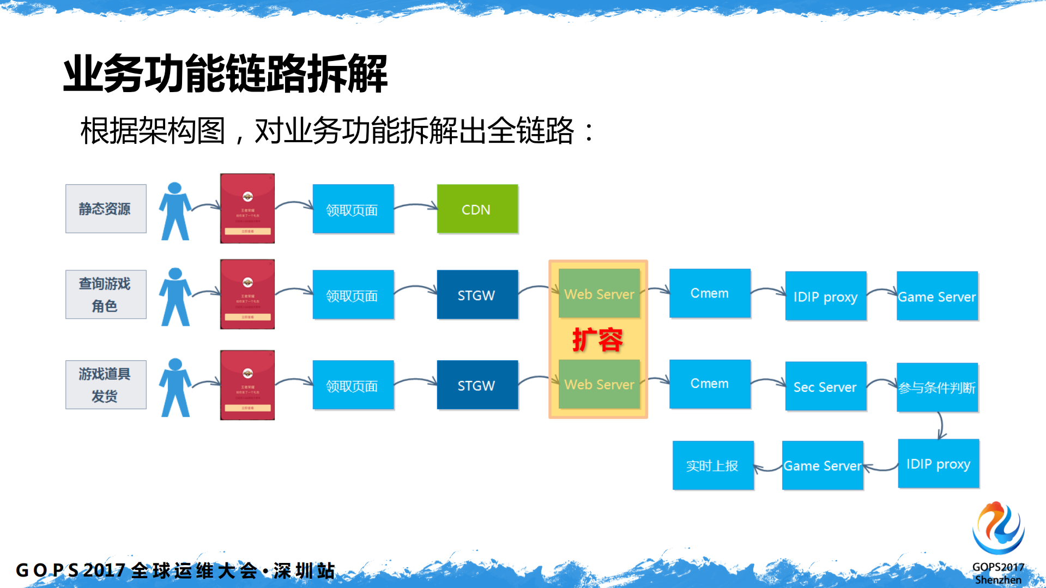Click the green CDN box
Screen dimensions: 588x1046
point(477,209)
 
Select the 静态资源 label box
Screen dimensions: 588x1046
point(106,209)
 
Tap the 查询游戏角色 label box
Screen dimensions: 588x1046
point(106,294)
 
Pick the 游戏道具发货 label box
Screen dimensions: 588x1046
point(106,385)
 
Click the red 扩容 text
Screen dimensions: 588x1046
point(597,340)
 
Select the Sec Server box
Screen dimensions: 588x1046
point(825,386)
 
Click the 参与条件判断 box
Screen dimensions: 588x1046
point(937,387)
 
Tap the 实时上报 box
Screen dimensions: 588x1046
point(712,465)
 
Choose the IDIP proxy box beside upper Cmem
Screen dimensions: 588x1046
point(825,296)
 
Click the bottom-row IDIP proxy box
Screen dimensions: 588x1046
point(938,464)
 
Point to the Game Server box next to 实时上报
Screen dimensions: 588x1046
point(822,465)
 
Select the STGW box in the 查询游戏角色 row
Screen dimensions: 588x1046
point(477,295)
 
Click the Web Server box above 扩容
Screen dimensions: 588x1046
point(599,294)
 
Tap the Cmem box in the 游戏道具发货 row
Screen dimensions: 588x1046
point(709,384)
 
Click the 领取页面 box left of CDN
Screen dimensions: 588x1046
point(353,209)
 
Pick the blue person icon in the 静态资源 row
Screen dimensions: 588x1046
point(175,211)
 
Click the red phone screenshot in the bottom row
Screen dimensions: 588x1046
point(247,385)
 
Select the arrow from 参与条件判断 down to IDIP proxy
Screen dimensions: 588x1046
point(941,425)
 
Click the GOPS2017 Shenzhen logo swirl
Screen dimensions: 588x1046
point(998,528)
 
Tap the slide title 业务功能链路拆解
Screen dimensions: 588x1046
point(225,73)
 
